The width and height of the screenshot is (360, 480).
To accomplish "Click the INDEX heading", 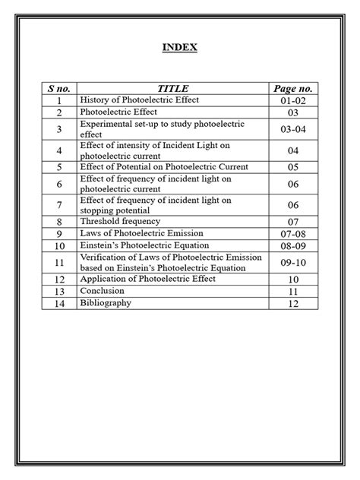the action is coord(180,48).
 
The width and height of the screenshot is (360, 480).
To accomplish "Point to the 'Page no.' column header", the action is coord(293,89).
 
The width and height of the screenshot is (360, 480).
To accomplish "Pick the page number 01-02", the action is coord(293,101).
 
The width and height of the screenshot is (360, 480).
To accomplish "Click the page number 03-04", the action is coord(293,130).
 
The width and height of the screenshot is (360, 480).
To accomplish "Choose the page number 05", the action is coord(293,167).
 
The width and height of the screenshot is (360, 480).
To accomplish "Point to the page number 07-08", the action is coord(293,234).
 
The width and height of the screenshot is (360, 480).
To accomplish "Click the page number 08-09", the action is coord(293,247).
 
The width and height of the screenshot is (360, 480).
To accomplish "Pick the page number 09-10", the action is coord(293,264).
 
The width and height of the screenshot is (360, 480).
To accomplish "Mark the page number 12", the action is coord(293,305).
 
